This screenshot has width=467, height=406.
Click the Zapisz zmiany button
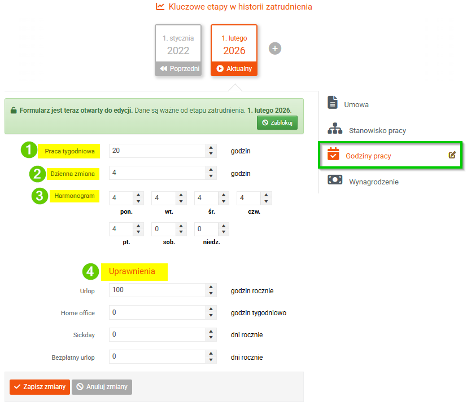pyautogui.click(x=40, y=387)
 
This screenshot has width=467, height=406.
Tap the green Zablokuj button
pyautogui.click(x=277, y=122)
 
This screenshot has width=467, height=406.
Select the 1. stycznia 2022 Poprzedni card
pyautogui.click(x=178, y=50)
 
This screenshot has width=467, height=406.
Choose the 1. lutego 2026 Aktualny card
pyautogui.click(x=234, y=50)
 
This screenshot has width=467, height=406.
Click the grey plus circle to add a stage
pyautogui.click(x=275, y=48)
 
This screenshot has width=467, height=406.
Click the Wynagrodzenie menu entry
pyautogui.click(x=363, y=180)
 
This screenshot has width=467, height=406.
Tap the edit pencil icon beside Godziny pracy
pyautogui.click(x=452, y=155)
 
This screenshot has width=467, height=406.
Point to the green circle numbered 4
pyautogui.click(x=90, y=272)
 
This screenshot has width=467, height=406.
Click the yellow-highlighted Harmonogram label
pyautogui.click(x=75, y=196)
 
